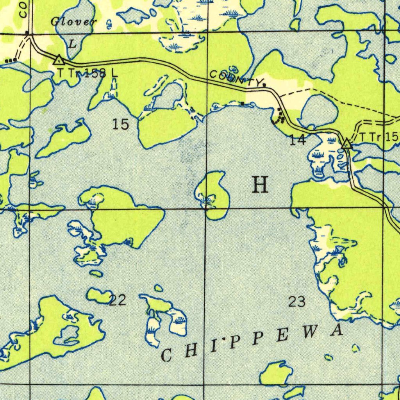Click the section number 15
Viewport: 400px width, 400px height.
tap(120, 124)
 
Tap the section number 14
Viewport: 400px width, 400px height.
tap(298, 140)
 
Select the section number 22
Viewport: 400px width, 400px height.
tap(117, 300)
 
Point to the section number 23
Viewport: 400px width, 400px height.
tap(297, 301)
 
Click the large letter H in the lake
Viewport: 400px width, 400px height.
tap(260, 185)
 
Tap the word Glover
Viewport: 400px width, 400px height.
tap(73, 22)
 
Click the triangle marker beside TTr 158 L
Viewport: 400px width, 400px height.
tap(59, 60)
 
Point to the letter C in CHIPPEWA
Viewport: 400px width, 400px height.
tap(166, 355)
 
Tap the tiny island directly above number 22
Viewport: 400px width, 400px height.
tap(158, 288)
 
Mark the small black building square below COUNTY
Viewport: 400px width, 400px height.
tap(243, 103)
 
